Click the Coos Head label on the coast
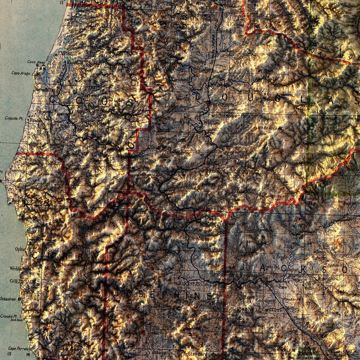(x=37, y=62)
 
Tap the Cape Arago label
(x=20, y=73)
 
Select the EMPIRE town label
(x=65, y=53)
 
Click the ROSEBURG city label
(x=222, y=104)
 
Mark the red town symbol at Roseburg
(x=208, y=103)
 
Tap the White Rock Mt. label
(x=270, y=128)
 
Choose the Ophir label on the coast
(x=20, y=248)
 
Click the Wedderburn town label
(x=20, y=269)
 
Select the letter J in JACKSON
(x=263, y=269)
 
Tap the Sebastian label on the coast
(x=8, y=298)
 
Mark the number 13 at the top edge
(x=62, y=3)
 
